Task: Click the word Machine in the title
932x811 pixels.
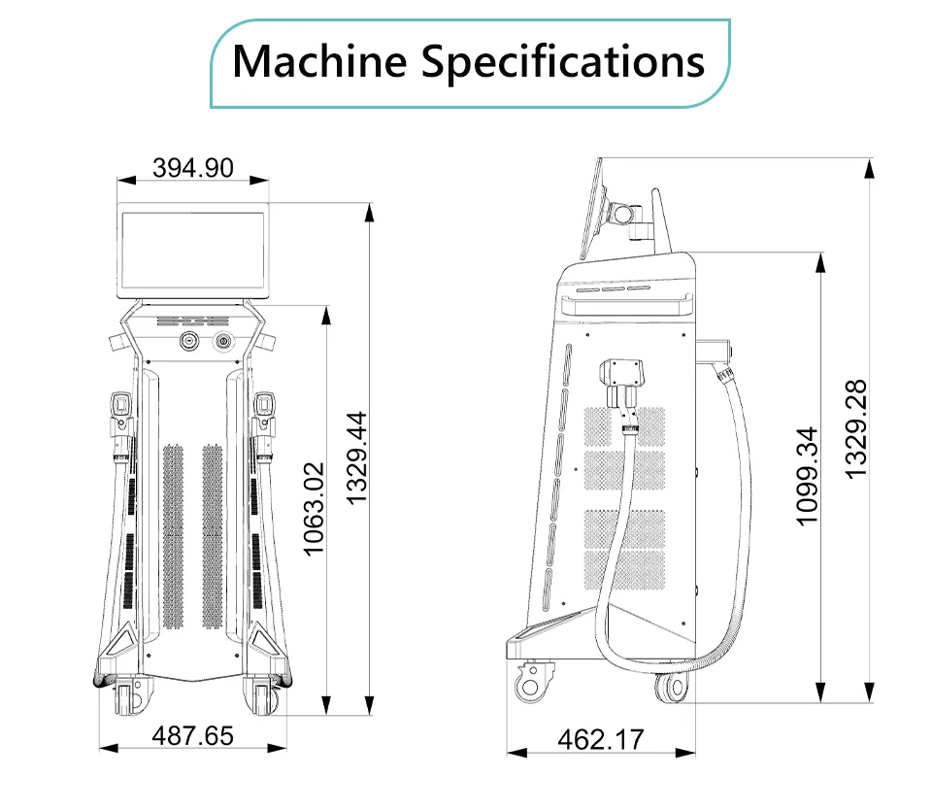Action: point(319,61)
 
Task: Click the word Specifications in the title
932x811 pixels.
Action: point(563,62)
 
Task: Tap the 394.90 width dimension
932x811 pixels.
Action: point(192,168)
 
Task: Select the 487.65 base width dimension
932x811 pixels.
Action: point(192,735)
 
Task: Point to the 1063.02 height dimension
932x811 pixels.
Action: point(314,509)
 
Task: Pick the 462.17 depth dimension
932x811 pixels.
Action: point(601,740)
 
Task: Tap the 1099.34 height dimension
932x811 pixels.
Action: point(807,477)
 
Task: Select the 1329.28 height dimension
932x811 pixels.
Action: point(856,429)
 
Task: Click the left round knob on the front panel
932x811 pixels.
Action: point(189,341)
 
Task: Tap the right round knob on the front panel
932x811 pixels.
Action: point(222,341)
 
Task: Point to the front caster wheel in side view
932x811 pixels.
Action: point(530,683)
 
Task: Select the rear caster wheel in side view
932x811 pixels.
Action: point(672,688)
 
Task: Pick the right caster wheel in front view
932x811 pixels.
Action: point(261,695)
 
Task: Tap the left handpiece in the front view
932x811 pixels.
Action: point(121,424)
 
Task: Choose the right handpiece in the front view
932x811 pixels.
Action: point(263,424)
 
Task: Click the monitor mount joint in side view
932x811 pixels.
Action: point(623,213)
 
